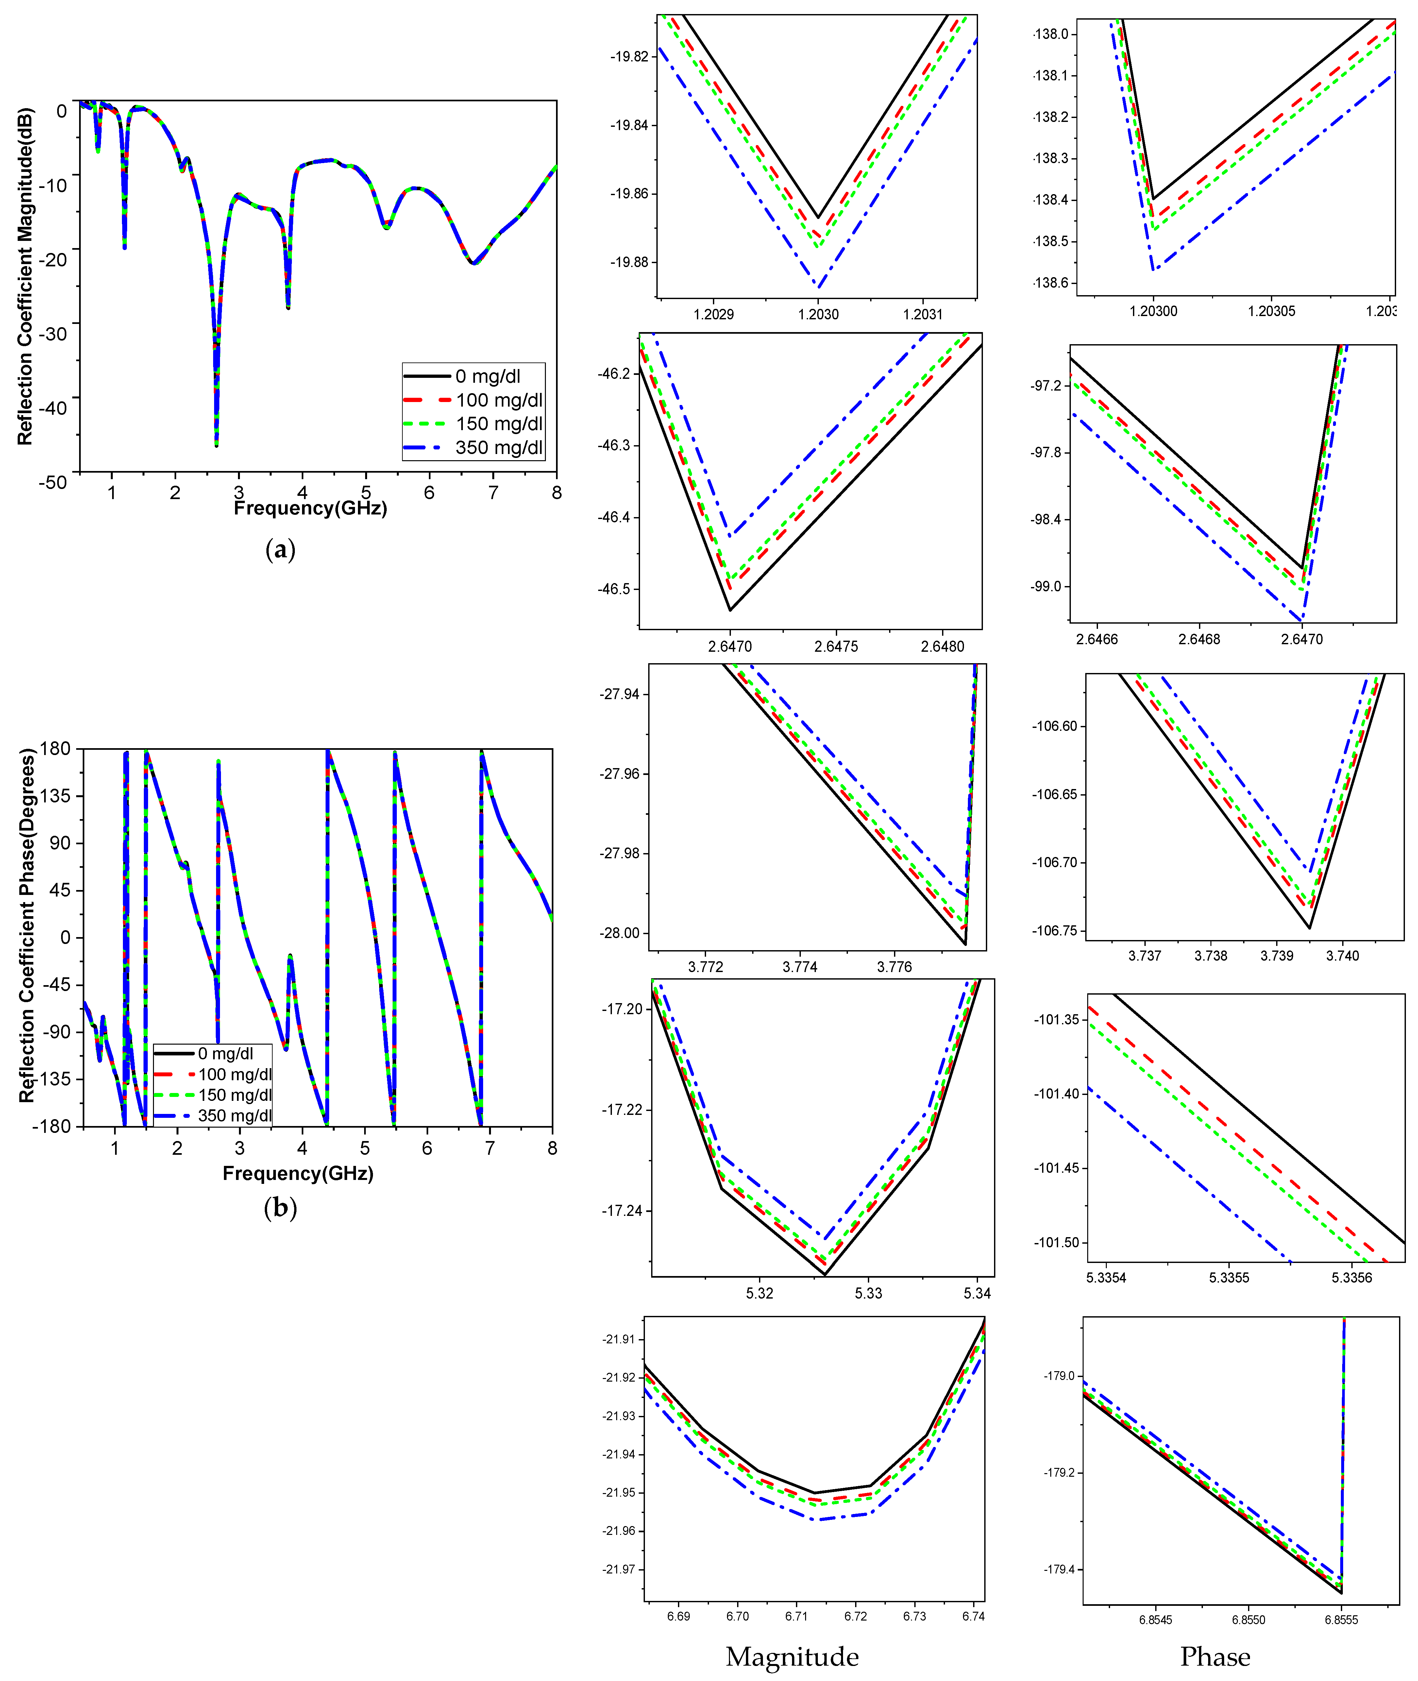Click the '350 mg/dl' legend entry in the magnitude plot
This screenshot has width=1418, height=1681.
pos(498,448)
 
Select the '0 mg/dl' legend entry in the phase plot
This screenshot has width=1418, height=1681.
pos(225,1053)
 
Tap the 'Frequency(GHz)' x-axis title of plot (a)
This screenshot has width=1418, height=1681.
pos(310,508)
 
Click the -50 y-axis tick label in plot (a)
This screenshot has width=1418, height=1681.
pos(53,482)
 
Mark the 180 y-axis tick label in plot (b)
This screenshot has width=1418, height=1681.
pos(56,748)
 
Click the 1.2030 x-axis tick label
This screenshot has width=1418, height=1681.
pos(818,314)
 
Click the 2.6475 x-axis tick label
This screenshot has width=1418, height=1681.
pos(836,647)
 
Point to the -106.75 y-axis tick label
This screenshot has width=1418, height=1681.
pos(1055,931)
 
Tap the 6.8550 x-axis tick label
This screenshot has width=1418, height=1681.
pos(1248,1620)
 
